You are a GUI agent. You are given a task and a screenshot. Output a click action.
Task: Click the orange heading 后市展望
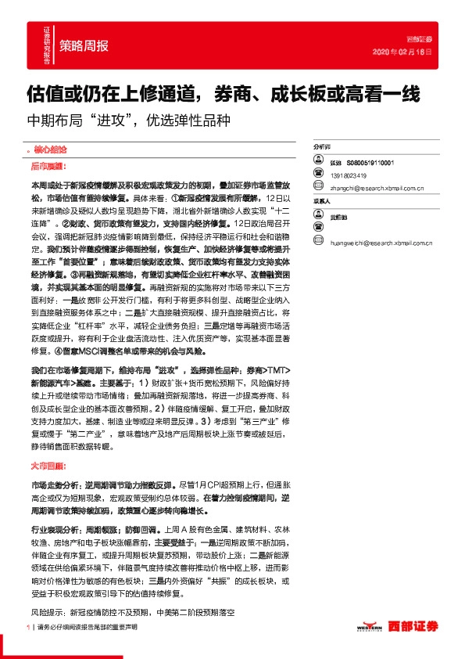click(x=46, y=167)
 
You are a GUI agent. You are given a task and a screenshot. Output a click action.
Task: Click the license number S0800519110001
click(x=370, y=162)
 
